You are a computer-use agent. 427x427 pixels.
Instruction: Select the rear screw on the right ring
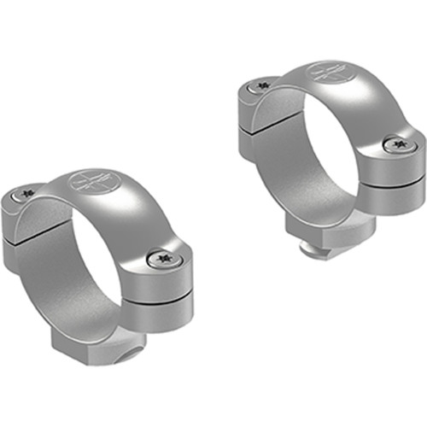[260, 85]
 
